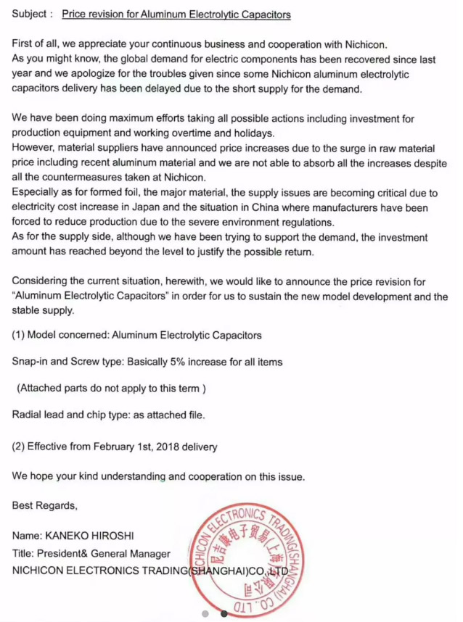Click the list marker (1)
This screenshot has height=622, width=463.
pyautogui.click(x=19, y=335)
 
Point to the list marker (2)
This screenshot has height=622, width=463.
pyautogui.click(x=19, y=447)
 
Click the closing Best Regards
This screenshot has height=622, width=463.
pyautogui.click(x=44, y=506)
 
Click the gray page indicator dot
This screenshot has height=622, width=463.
pyautogui.click(x=205, y=613)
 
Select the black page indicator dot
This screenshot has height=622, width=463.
pyautogui.click(x=224, y=613)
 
